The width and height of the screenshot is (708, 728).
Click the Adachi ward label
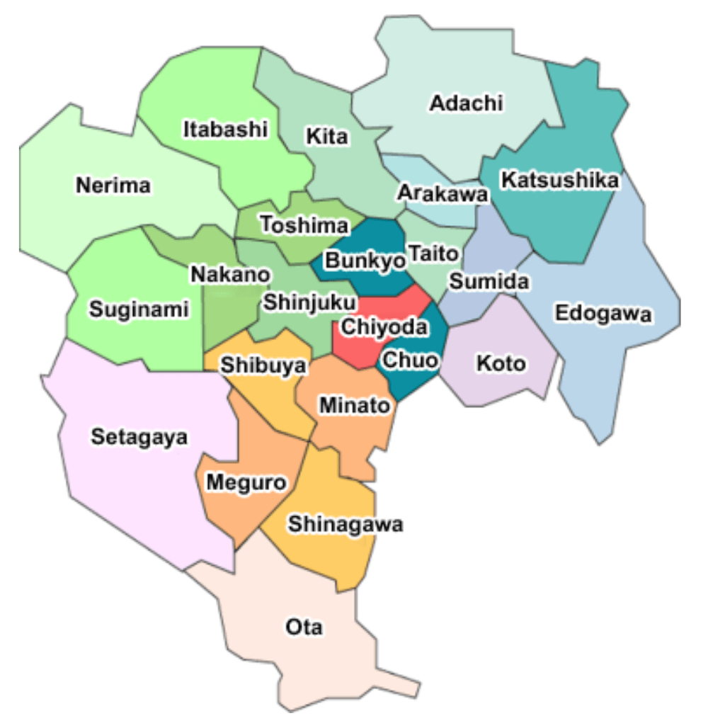pyautogui.click(x=467, y=103)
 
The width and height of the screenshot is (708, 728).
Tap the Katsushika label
pyautogui.click(x=559, y=181)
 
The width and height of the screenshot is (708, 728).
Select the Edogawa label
pyautogui.click(x=602, y=313)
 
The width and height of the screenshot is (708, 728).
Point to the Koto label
pyautogui.click(x=501, y=364)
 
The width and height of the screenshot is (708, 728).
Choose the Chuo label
pyautogui.click(x=409, y=360)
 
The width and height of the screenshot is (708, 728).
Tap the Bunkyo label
pyautogui.click(x=364, y=260)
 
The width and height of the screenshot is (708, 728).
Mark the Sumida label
pyautogui.click(x=489, y=281)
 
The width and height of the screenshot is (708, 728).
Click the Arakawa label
pyautogui.click(x=442, y=193)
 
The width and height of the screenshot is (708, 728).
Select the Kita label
pyautogui.click(x=326, y=136)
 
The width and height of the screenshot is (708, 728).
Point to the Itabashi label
pyautogui.click(x=226, y=130)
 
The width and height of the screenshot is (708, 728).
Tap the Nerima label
pyautogui.click(x=113, y=186)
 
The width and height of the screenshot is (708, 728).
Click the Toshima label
pyautogui.click(x=305, y=225)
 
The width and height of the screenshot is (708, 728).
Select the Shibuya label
pyautogui.click(x=263, y=365)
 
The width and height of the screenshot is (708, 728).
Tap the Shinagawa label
pyautogui.click(x=345, y=525)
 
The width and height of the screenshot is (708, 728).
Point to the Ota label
pyautogui.click(x=304, y=627)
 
